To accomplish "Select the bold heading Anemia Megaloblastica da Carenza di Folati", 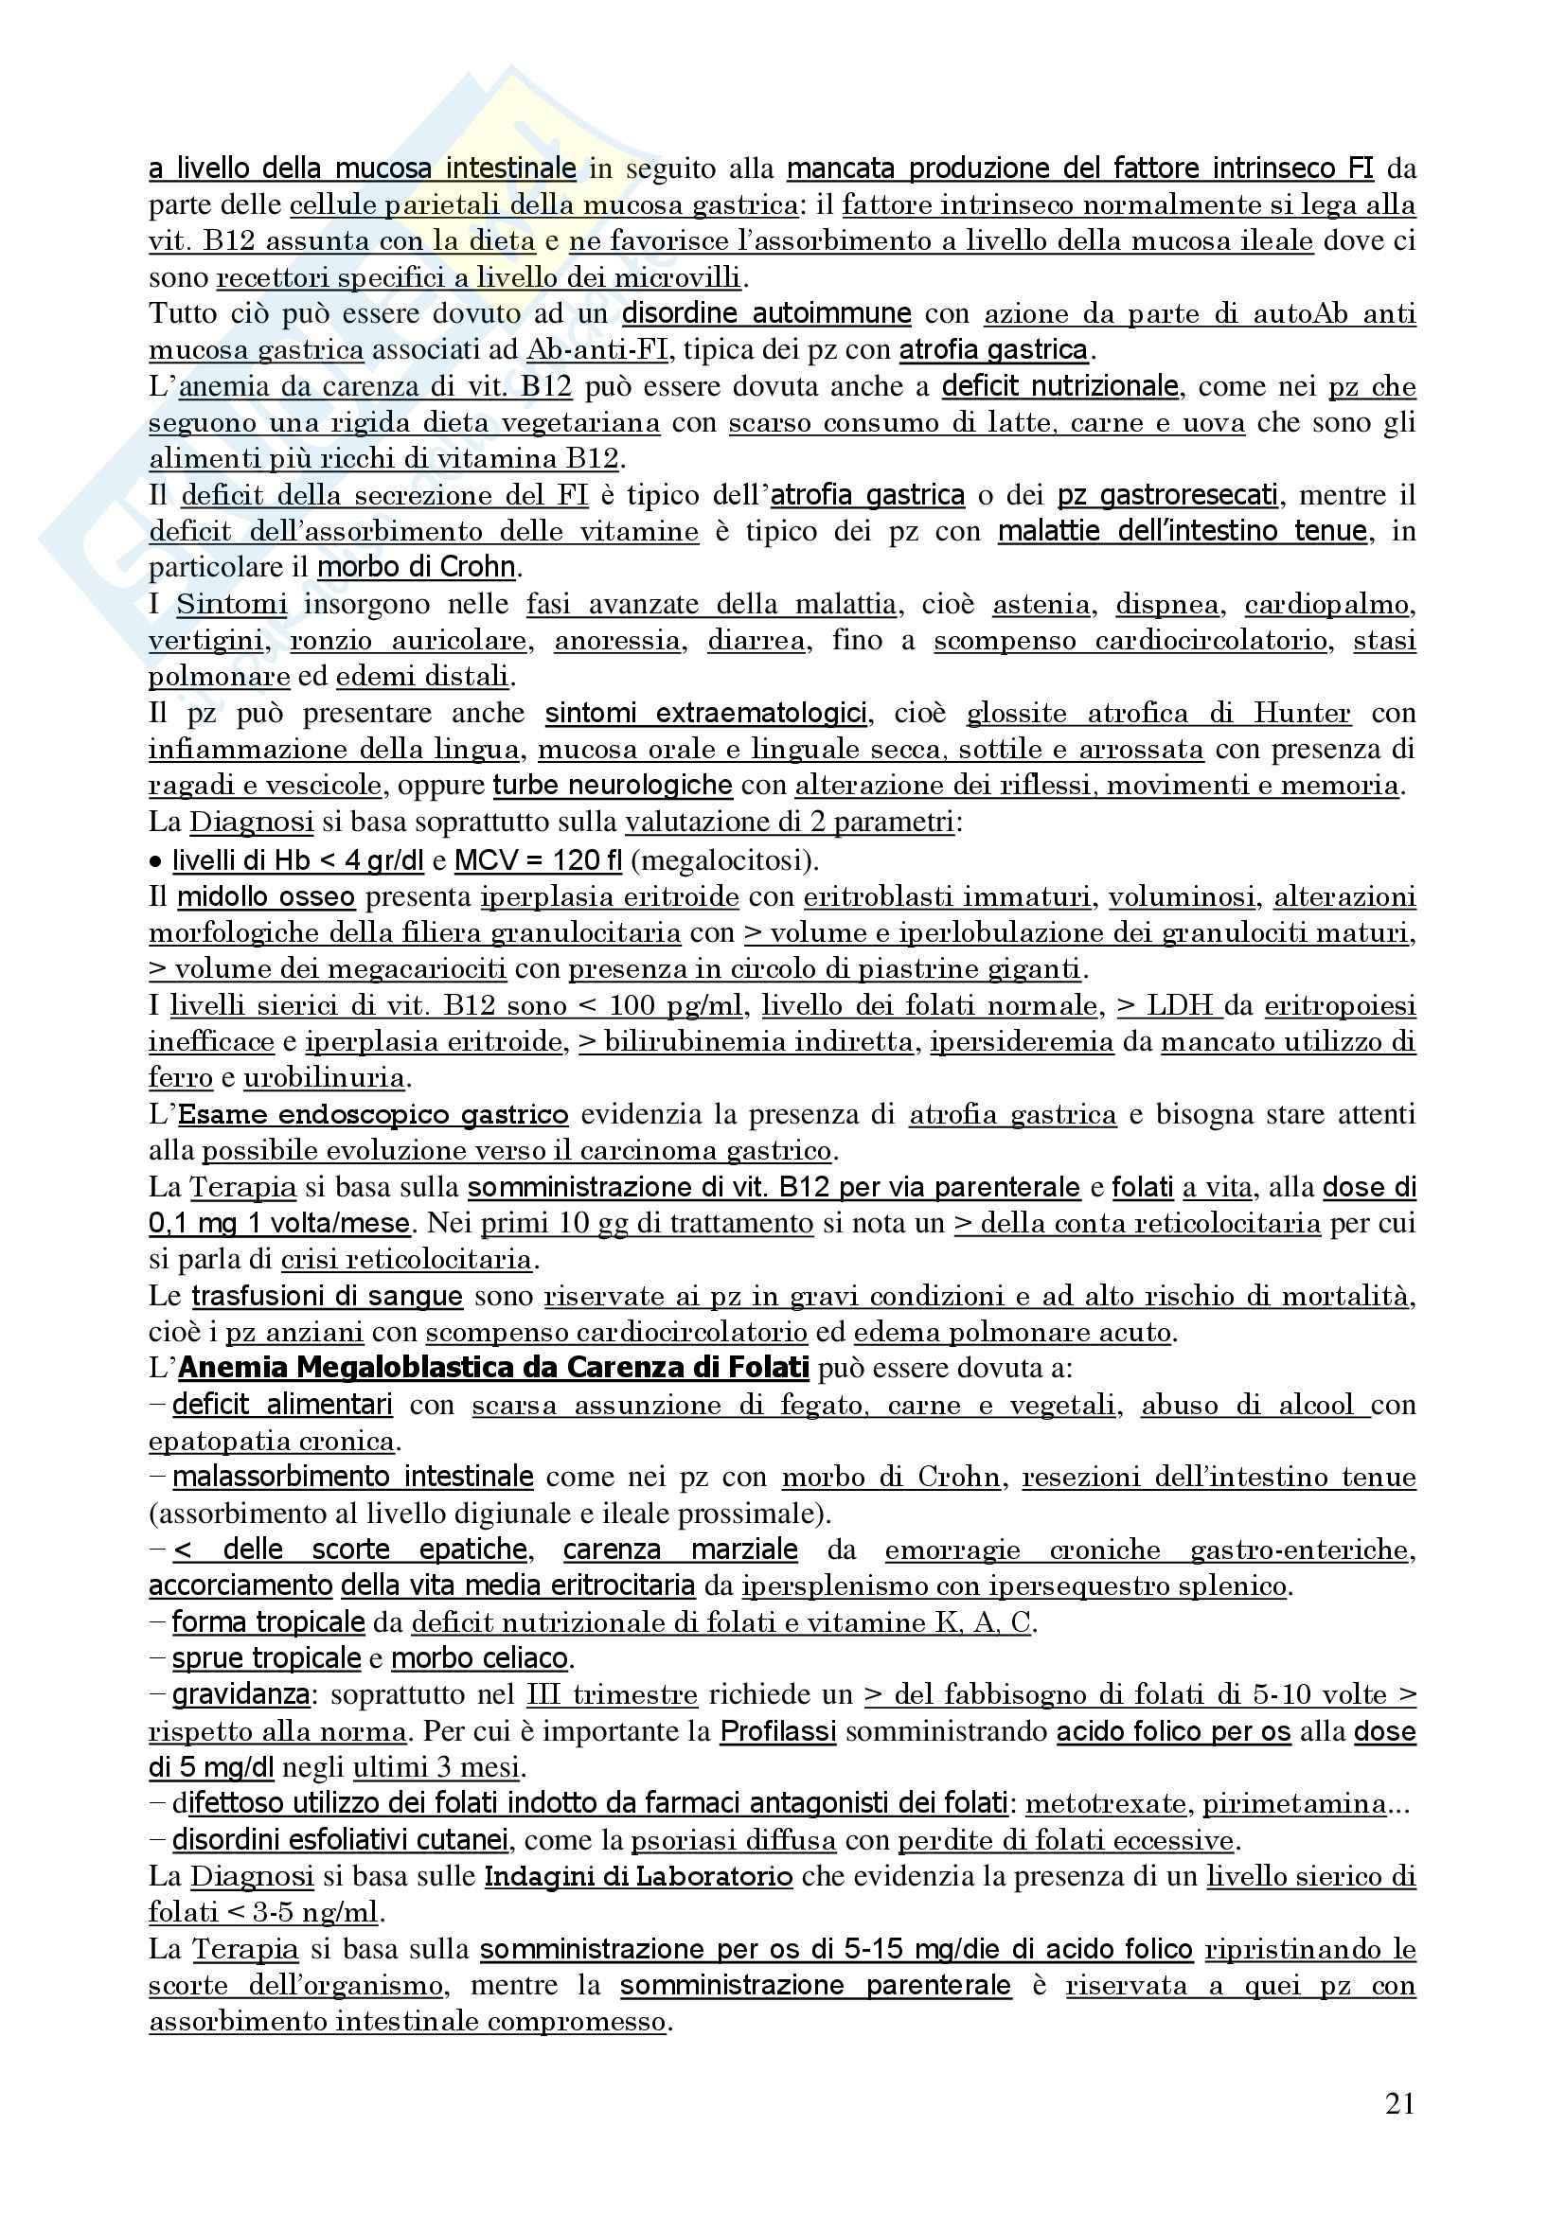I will [x=492, y=1369].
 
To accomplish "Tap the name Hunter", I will [x=1302, y=714].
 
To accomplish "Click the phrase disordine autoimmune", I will [x=766, y=314].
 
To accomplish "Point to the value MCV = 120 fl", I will [x=537, y=860].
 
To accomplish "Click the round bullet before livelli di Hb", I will [x=155, y=861].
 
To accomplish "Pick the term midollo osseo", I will [x=265, y=896].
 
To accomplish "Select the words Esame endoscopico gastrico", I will [x=373, y=1115].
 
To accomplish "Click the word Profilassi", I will [x=777, y=1732].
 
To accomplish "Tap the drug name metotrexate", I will [x=1106, y=1804].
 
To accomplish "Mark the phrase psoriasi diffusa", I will [x=733, y=1841].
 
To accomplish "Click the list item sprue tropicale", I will [x=266, y=1658].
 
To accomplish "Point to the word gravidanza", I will [x=241, y=1695].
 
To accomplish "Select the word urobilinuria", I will [x=324, y=1078].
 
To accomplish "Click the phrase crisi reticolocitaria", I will [x=406, y=1259].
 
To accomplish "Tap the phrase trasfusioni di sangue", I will [x=327, y=1296].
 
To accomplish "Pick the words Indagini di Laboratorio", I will [x=638, y=1877].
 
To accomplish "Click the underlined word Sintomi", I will [x=231, y=605].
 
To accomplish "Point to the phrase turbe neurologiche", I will [x=613, y=786].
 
